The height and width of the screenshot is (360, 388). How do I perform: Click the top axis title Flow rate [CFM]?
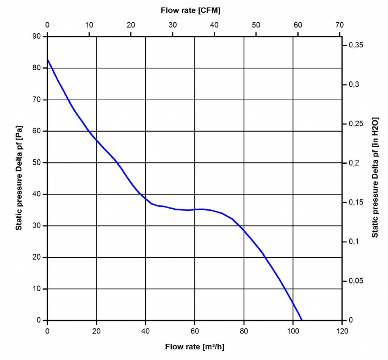click(190, 11)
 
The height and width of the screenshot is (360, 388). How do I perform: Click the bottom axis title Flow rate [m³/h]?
click(197, 346)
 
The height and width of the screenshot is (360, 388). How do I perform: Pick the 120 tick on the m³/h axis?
click(342, 331)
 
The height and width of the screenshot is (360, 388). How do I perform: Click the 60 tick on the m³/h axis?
click(195, 331)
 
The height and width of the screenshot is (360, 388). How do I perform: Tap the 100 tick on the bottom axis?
click(293, 331)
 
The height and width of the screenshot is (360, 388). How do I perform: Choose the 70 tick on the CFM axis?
click(340, 25)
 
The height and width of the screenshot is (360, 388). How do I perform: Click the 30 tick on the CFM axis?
click(173, 25)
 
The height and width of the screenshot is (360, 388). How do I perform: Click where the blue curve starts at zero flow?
click(48, 60)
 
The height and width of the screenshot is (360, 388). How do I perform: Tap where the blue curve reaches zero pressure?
click(302, 320)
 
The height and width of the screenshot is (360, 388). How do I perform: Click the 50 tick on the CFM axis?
click(256, 25)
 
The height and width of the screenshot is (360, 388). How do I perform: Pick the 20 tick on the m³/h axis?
click(97, 331)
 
